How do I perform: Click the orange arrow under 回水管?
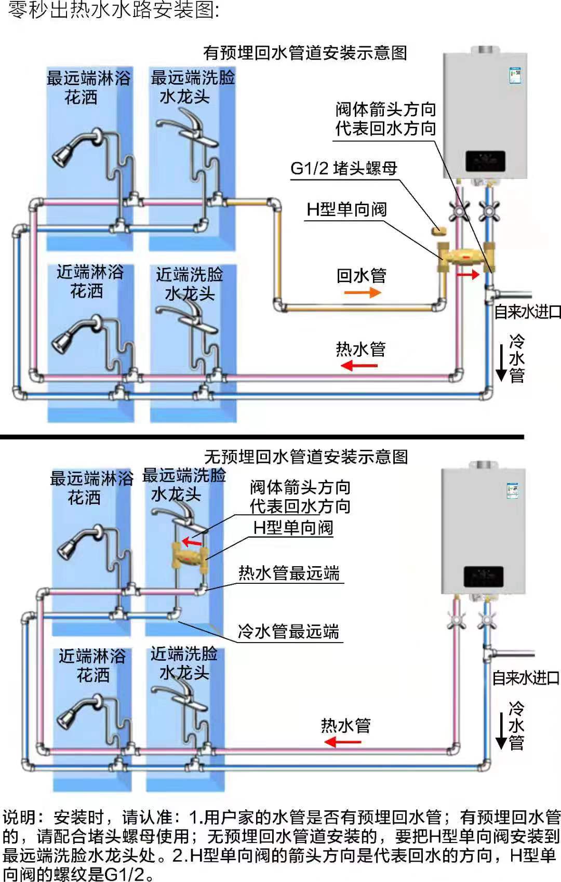pyautogui.click(x=362, y=293)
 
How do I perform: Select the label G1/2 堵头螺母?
pyautogui.click(x=343, y=168)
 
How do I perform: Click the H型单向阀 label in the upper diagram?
pyautogui.click(x=346, y=209)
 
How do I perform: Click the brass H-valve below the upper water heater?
pyautogui.click(x=465, y=256)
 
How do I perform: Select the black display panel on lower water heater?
pyautogui.click(x=483, y=577)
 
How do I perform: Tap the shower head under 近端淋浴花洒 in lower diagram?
pyautogui.click(x=68, y=718)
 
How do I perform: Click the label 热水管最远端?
pyautogui.click(x=289, y=573)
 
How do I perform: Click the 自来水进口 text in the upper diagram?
pyautogui.click(x=527, y=312)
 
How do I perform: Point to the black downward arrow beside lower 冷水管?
pyautogui.click(x=501, y=730)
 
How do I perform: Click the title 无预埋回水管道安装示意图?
pyautogui.click(x=306, y=457)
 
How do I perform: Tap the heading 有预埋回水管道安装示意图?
pyautogui.click(x=305, y=52)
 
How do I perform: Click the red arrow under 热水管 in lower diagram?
pyautogui.click(x=342, y=742)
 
